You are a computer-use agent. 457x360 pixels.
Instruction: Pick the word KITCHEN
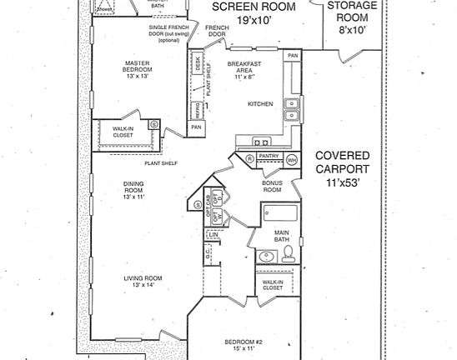(x=260, y=104)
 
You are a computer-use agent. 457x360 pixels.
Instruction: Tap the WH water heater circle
(x=292, y=159)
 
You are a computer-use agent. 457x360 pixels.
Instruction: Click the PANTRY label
(x=269, y=156)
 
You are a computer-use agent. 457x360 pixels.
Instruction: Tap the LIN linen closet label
(x=214, y=236)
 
